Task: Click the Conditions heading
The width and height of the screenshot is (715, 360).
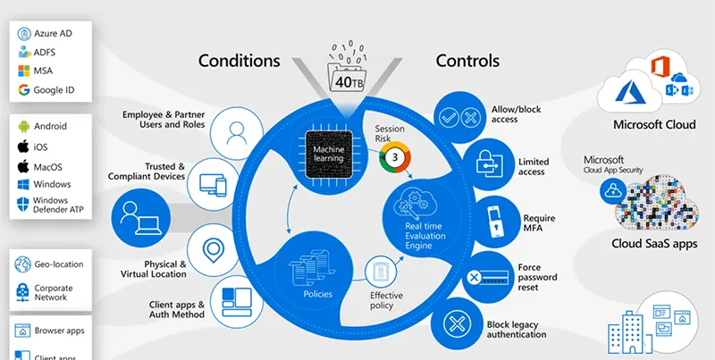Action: (x=239, y=61)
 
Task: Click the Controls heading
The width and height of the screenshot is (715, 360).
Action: (x=467, y=61)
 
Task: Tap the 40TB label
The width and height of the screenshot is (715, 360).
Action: (x=347, y=81)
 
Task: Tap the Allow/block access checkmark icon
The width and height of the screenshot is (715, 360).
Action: (x=459, y=116)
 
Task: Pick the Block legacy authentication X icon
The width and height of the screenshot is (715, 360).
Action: (x=459, y=323)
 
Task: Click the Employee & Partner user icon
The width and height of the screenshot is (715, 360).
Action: (x=237, y=132)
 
